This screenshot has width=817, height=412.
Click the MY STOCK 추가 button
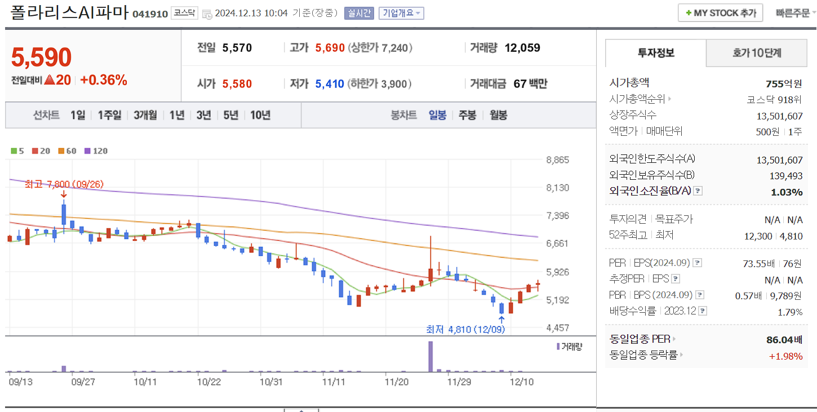point(720,13)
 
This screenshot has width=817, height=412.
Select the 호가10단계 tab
point(757,54)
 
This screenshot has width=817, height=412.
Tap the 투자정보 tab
point(656,54)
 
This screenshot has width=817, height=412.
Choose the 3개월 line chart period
point(145,115)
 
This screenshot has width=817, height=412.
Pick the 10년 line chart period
point(260,115)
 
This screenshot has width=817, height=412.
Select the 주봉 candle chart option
point(467,115)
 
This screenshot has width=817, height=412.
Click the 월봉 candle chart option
point(498,115)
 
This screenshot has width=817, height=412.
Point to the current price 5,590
point(42,57)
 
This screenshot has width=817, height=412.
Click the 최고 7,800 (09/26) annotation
point(64,184)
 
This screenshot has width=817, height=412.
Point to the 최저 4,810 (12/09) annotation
point(465,329)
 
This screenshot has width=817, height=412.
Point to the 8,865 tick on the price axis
point(558,160)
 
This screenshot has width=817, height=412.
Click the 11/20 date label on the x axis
point(397,382)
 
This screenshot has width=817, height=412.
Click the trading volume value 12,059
point(522,48)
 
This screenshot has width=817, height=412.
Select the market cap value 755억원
point(784,83)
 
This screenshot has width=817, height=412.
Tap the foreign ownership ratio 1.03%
point(787,192)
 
